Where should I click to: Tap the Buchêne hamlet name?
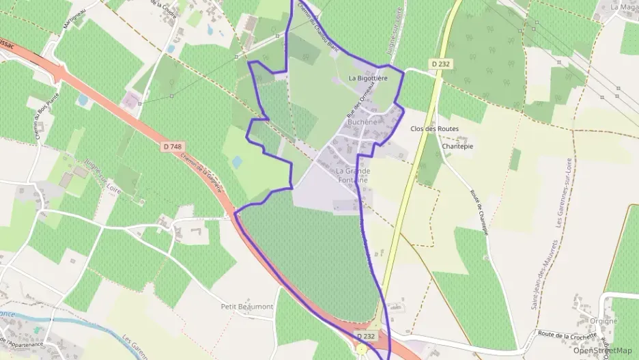(362, 122)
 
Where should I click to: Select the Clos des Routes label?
(434, 128)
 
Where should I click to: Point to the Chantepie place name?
(457, 146)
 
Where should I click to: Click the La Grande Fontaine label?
(353, 175)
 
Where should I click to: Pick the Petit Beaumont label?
(247, 307)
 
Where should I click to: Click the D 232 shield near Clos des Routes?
(442, 64)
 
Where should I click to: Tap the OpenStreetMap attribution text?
(602, 350)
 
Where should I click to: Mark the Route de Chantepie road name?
(479, 212)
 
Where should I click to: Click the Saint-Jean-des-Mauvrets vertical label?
(536, 273)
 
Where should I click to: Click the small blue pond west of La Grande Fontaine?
(237, 162)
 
